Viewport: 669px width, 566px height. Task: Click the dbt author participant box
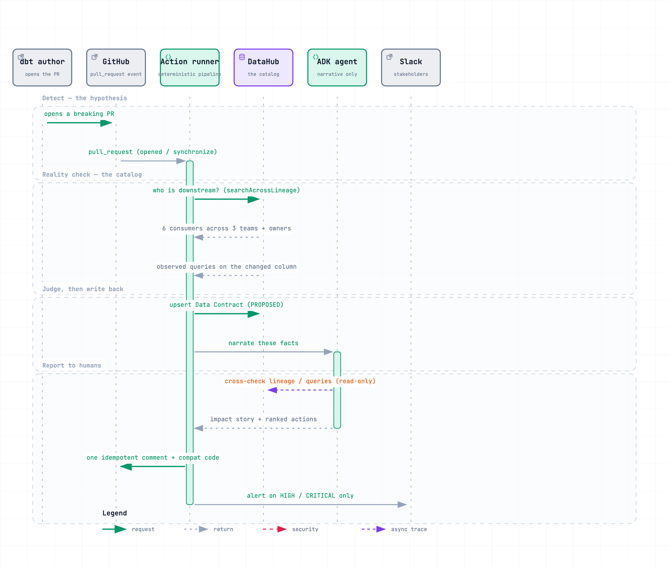pos(42,67)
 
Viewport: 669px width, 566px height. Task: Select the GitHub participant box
pos(116,67)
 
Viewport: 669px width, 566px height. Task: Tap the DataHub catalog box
pos(263,67)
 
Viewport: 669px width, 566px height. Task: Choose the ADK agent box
pos(337,67)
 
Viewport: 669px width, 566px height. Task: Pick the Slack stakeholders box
pos(411,67)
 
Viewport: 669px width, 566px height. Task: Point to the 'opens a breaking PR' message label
pos(79,114)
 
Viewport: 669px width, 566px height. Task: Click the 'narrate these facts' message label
pos(263,343)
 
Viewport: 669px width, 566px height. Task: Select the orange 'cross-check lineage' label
pos(300,381)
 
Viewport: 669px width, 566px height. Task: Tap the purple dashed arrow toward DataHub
pos(300,390)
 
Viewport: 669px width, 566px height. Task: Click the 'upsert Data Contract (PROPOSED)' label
pos(226,305)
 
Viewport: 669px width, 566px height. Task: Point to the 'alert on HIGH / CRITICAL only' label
pos(300,496)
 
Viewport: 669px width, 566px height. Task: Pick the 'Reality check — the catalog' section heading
pos(92,175)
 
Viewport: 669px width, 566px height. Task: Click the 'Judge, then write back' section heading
pos(83,289)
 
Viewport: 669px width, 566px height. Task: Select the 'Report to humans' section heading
pos(72,366)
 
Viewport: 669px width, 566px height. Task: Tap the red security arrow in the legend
pos(275,529)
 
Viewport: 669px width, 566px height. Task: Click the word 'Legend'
pos(115,513)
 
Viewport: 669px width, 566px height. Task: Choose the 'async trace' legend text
pos(409,529)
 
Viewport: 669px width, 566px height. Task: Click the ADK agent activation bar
pos(337,390)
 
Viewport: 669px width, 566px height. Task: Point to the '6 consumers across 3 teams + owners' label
pos(226,228)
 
